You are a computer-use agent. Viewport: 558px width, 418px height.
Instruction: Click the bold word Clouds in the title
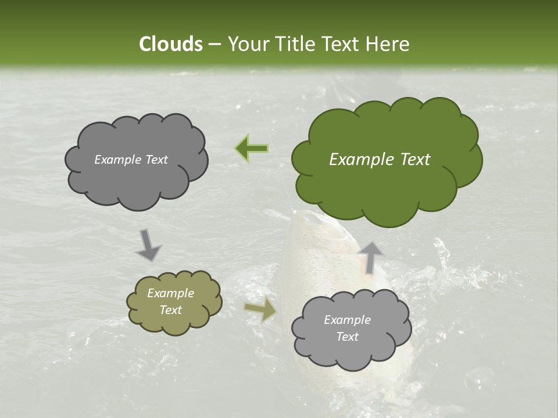(170, 44)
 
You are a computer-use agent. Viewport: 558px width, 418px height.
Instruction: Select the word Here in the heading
(388, 44)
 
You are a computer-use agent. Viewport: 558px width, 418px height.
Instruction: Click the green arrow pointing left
(252, 149)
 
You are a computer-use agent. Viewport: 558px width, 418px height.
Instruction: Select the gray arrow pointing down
(149, 245)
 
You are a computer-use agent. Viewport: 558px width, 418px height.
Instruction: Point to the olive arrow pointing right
(260, 310)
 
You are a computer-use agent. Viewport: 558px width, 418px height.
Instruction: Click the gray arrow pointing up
(370, 256)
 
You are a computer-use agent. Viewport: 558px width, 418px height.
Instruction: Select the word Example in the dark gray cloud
(118, 160)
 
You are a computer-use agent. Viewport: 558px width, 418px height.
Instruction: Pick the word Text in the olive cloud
(171, 310)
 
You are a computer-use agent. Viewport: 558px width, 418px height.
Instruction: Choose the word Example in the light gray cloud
(347, 320)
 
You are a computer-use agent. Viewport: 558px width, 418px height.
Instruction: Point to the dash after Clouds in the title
(214, 45)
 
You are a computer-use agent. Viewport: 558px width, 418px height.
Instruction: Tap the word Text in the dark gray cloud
(156, 160)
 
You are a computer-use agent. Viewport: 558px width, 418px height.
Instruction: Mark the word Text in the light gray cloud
(348, 337)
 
